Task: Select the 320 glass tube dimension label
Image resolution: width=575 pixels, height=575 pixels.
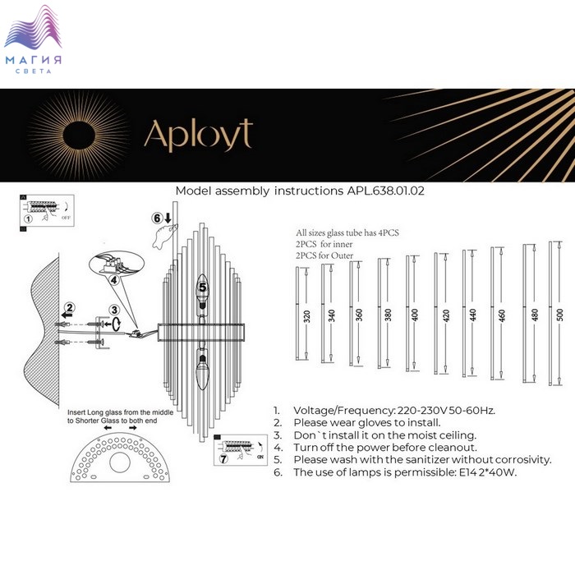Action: pos(306,315)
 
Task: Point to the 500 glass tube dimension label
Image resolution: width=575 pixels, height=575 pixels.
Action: pos(560,315)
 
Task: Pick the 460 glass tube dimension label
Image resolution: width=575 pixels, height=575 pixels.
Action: pos(501,315)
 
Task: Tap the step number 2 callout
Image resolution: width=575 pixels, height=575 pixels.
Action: pos(71,309)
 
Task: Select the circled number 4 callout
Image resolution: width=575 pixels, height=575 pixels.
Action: pos(116,278)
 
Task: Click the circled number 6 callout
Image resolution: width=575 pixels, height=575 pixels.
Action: pos(158,218)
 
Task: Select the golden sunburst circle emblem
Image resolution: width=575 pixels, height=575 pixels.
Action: pos(79,134)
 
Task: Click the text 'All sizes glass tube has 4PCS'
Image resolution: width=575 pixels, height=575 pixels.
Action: pos(347,233)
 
